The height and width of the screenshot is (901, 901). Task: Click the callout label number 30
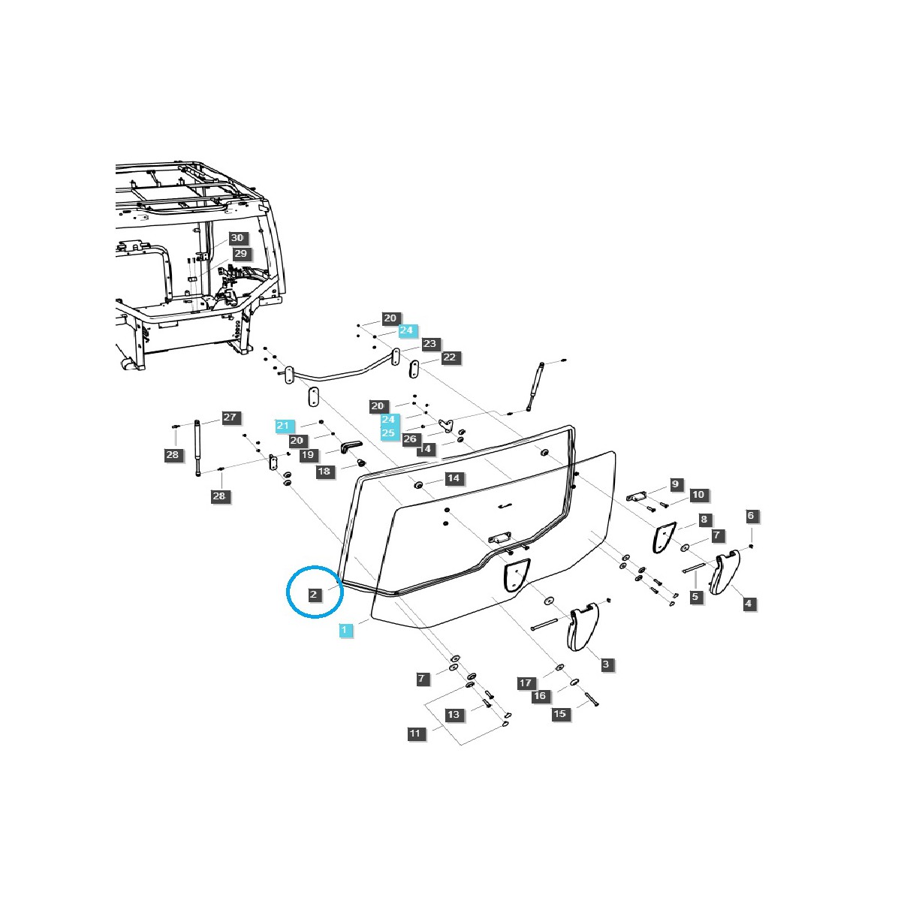[x=237, y=237]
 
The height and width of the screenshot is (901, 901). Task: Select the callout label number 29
[x=240, y=254]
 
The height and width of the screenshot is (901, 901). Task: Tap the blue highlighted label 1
[x=345, y=630]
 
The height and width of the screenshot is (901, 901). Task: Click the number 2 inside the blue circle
[x=315, y=595]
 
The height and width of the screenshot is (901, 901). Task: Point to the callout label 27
[x=230, y=417]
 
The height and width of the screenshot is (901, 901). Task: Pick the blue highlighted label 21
[x=282, y=426]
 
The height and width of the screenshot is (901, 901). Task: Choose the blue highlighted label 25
[x=388, y=433]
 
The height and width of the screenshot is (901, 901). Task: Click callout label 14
[x=453, y=478]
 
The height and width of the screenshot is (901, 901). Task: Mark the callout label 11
[x=416, y=734]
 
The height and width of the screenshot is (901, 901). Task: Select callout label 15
[x=560, y=714]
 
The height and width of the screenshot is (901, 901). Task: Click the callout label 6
[x=751, y=516]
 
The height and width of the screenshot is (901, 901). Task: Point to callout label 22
[x=449, y=357]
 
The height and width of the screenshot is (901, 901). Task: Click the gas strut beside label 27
[x=198, y=447]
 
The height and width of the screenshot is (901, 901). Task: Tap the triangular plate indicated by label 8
[x=662, y=538]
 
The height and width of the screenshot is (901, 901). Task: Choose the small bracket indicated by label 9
[x=637, y=496]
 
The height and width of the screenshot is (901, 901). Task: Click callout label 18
[x=324, y=472]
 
